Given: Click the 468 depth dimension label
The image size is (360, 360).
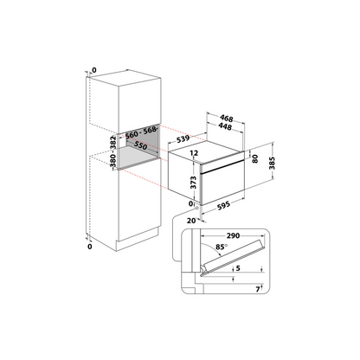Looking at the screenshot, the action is (x=227, y=119).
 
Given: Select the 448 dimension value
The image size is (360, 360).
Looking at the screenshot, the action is (x=225, y=126).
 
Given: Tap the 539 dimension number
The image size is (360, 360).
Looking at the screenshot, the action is (x=183, y=139).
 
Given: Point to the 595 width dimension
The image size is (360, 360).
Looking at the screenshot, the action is (x=223, y=206).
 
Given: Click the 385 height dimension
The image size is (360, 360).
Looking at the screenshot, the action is (x=272, y=164).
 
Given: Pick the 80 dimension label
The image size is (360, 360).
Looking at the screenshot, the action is (x=254, y=158).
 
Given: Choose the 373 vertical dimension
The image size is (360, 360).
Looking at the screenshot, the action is (x=193, y=183).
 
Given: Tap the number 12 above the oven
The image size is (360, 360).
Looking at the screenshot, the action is (x=194, y=153).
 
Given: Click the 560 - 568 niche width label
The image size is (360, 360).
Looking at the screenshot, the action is (x=141, y=132).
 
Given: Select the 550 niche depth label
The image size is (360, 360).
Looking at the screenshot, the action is (x=140, y=145).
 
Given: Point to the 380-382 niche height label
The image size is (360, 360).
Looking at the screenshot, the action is (x=113, y=151).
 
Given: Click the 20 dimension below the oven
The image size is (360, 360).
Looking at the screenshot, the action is (x=191, y=221).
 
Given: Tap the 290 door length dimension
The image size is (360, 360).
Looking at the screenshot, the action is (x=233, y=235).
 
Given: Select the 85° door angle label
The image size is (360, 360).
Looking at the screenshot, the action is (x=222, y=247).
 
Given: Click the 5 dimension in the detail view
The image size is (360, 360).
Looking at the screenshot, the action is (x=238, y=268).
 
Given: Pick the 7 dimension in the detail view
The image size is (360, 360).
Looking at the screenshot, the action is (x=258, y=289).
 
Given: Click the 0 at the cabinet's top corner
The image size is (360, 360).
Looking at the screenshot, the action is (x=94, y=70).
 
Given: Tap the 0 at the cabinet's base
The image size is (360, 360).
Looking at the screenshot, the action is (x=90, y=247).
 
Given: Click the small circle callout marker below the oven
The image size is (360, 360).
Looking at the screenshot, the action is (x=197, y=208).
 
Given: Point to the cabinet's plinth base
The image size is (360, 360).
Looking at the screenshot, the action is (x=137, y=241).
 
